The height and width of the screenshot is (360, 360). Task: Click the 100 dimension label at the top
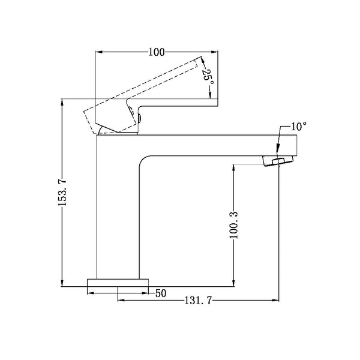click(x=156, y=52)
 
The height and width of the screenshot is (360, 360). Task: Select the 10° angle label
click(x=299, y=127)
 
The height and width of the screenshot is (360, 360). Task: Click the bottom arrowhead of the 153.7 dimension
click(x=62, y=281)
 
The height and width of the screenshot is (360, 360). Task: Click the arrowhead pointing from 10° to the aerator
click(x=278, y=152)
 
